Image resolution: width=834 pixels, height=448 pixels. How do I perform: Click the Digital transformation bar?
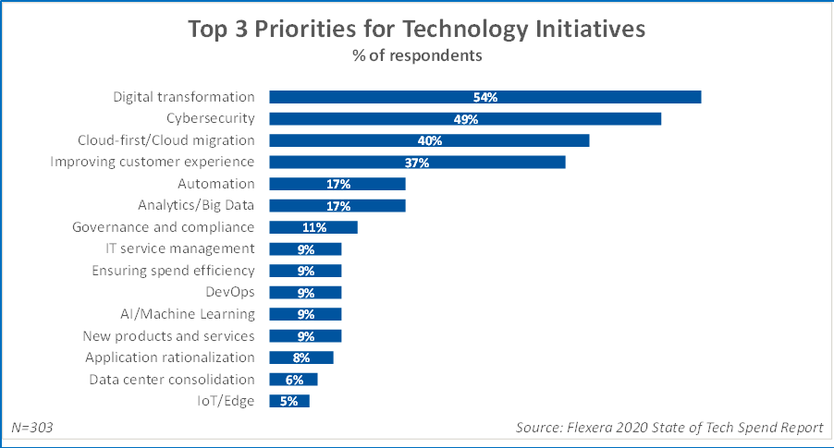(484, 97)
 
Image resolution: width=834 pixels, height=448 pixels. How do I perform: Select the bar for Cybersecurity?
(465, 118)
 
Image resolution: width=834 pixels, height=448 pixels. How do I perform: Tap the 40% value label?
(429, 140)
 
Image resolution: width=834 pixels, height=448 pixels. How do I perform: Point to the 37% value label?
(417, 163)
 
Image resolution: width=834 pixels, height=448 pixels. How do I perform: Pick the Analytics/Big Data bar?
(337, 205)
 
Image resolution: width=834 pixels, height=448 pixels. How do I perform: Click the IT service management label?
(180, 248)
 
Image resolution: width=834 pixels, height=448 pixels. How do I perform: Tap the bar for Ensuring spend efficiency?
(305, 271)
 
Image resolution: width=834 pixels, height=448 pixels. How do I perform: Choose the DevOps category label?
(229, 292)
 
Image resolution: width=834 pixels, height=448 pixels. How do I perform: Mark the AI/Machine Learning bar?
(305, 314)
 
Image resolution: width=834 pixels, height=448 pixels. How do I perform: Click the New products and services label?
(168, 335)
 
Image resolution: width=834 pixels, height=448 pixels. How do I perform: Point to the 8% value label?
(300, 357)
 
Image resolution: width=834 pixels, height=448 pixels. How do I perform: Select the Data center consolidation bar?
(293, 379)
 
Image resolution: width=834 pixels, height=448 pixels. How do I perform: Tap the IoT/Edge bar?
(288, 401)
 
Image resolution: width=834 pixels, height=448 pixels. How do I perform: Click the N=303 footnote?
(32, 428)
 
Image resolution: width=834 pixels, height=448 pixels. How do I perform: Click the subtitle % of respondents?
(417, 55)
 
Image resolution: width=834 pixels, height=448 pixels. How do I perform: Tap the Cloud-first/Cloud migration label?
(166, 140)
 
